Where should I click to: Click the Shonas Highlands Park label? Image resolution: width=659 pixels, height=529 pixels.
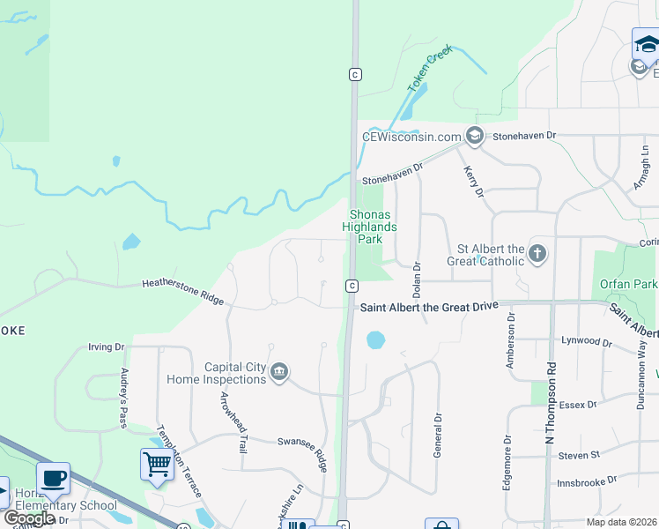point(369,227)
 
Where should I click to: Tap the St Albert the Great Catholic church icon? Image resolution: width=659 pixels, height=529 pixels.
point(537,255)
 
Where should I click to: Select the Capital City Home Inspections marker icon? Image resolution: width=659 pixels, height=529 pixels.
point(279,373)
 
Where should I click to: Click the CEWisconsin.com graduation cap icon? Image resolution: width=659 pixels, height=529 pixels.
point(475,136)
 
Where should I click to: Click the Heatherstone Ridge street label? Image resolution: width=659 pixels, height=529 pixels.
point(182,292)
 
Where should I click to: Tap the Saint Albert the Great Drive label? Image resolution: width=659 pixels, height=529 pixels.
point(429,306)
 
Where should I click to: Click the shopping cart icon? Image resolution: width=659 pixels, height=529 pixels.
point(157,464)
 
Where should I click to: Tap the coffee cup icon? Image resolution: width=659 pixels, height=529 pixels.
point(53,479)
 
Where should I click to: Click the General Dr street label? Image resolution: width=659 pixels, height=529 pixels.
point(437,436)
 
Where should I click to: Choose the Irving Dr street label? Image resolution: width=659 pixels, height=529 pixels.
point(107,347)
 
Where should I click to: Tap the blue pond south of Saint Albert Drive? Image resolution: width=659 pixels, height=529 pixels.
point(375,339)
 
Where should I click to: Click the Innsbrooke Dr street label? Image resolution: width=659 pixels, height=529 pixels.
point(587,482)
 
